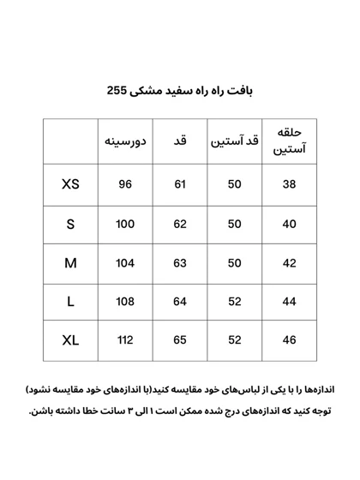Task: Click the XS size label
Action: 70,184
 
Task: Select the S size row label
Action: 70,224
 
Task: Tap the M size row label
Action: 70,263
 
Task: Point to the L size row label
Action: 70,302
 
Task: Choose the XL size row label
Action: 70,340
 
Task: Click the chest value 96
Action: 125,184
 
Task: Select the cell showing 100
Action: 125,224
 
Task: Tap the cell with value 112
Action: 125,340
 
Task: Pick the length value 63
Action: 180,263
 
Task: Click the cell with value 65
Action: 180,340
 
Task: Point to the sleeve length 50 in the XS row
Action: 234,184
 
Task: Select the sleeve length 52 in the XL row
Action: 234,340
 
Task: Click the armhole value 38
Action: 289,184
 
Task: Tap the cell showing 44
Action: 289,302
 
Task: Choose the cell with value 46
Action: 289,340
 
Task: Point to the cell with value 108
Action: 125,302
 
